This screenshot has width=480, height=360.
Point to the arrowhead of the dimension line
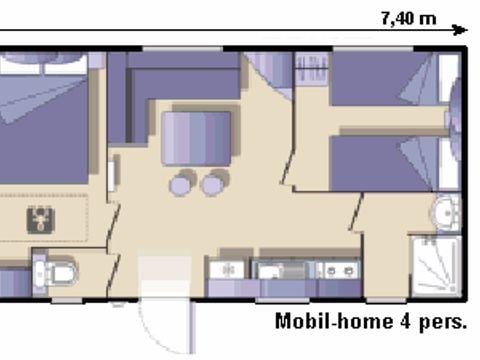(x=462, y=30)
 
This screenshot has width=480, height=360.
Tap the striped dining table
(x=196, y=138)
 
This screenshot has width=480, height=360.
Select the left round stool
(x=182, y=184)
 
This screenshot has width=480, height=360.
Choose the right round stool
(x=213, y=184)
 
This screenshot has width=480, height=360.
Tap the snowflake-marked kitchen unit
(x=226, y=270)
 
